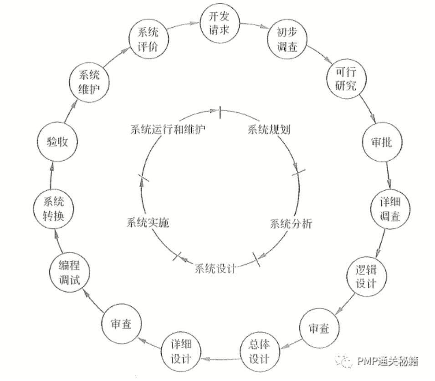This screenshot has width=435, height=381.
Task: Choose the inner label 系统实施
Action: point(148,223)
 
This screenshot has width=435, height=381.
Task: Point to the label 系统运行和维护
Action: point(167,129)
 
